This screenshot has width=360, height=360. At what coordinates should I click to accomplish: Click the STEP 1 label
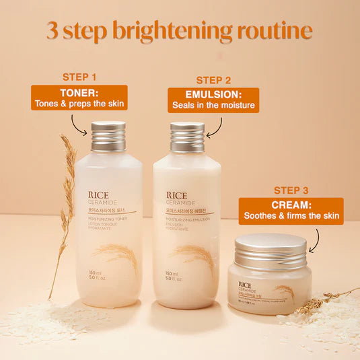[x=79, y=77]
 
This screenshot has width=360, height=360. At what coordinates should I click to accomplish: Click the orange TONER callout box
[x=79, y=98]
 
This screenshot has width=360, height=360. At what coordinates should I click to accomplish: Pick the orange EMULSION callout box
[x=213, y=100]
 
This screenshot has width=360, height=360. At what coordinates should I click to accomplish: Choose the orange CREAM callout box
[x=291, y=211]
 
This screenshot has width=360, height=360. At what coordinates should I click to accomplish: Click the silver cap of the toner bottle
[x=108, y=137]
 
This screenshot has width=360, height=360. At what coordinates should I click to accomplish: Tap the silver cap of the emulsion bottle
[x=187, y=137]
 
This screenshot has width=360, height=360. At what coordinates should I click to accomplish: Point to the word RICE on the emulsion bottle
[x=177, y=196]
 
